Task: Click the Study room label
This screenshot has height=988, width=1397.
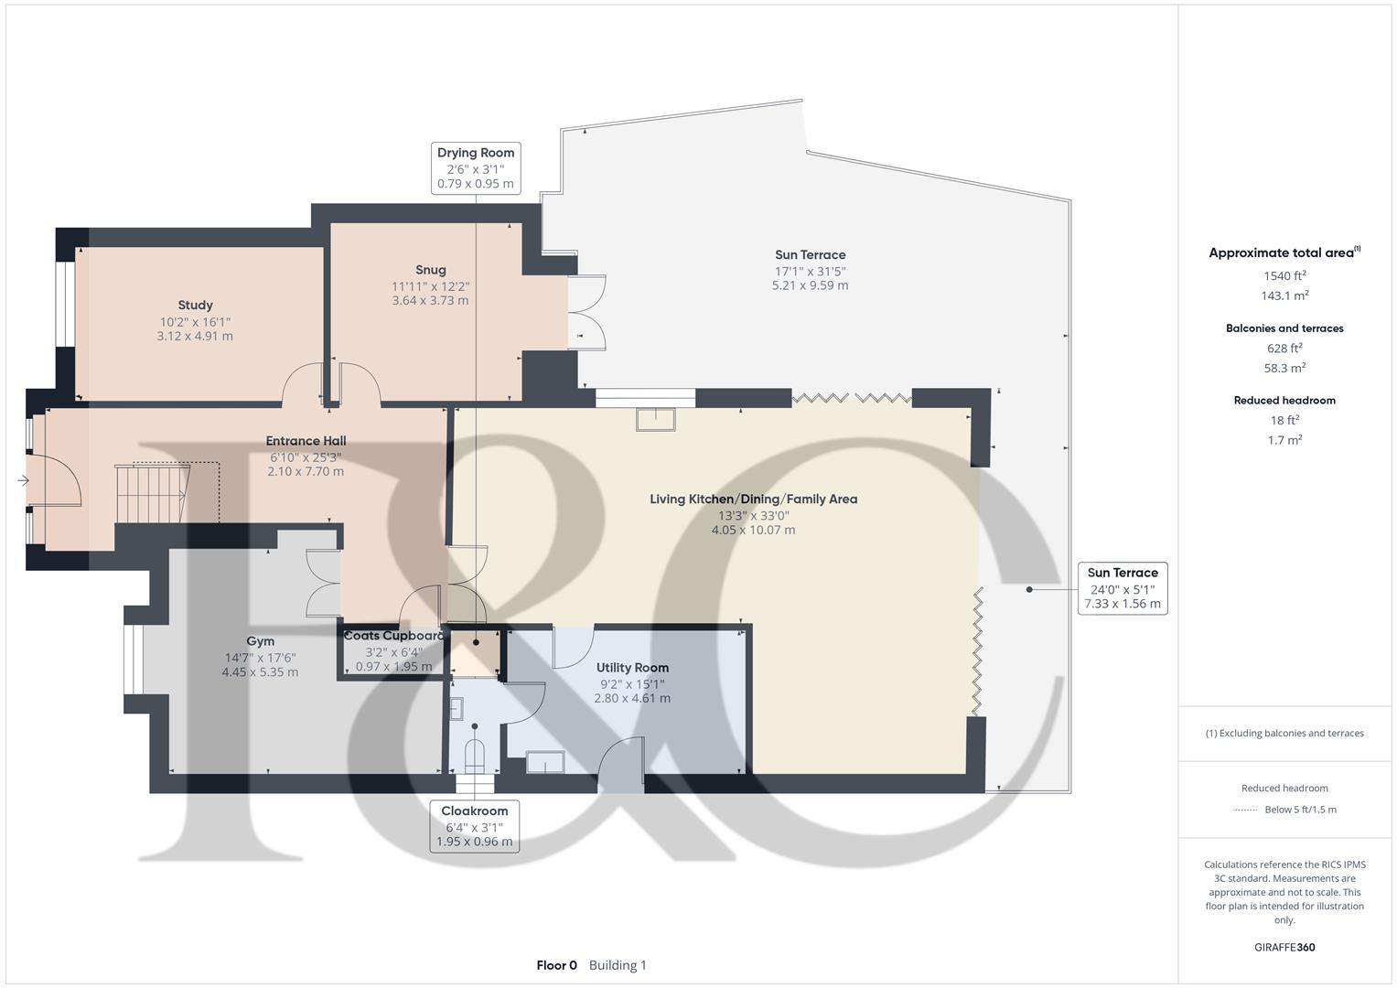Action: coord(195,306)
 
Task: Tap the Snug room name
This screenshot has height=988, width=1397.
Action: coord(430,270)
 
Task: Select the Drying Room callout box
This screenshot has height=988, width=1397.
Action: coord(476,167)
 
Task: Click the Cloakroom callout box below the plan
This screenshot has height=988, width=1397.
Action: coord(474,826)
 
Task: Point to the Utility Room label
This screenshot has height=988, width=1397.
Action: coord(632,668)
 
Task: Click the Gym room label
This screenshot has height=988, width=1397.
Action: coord(260,641)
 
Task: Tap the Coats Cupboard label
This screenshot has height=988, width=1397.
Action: coord(393,636)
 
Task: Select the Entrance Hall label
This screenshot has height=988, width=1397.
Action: coord(306,441)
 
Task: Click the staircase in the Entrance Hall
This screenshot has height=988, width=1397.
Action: coord(152,494)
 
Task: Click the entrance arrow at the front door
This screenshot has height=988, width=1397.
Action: coord(22,480)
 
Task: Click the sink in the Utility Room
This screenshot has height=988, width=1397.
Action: coord(545,762)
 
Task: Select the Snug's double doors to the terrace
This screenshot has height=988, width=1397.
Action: coord(586,312)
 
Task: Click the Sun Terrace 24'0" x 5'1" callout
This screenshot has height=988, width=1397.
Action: coord(1122,587)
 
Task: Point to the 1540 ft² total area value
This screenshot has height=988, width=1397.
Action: coord(1284,275)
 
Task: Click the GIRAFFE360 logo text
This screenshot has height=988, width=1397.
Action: coord(1284,947)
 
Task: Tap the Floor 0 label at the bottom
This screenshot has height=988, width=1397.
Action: coord(556,965)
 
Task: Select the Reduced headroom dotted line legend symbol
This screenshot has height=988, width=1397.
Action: coord(1245,810)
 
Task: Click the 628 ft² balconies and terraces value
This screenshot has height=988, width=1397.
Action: coord(1284,348)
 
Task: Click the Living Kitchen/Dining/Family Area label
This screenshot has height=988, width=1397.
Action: coord(753,499)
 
